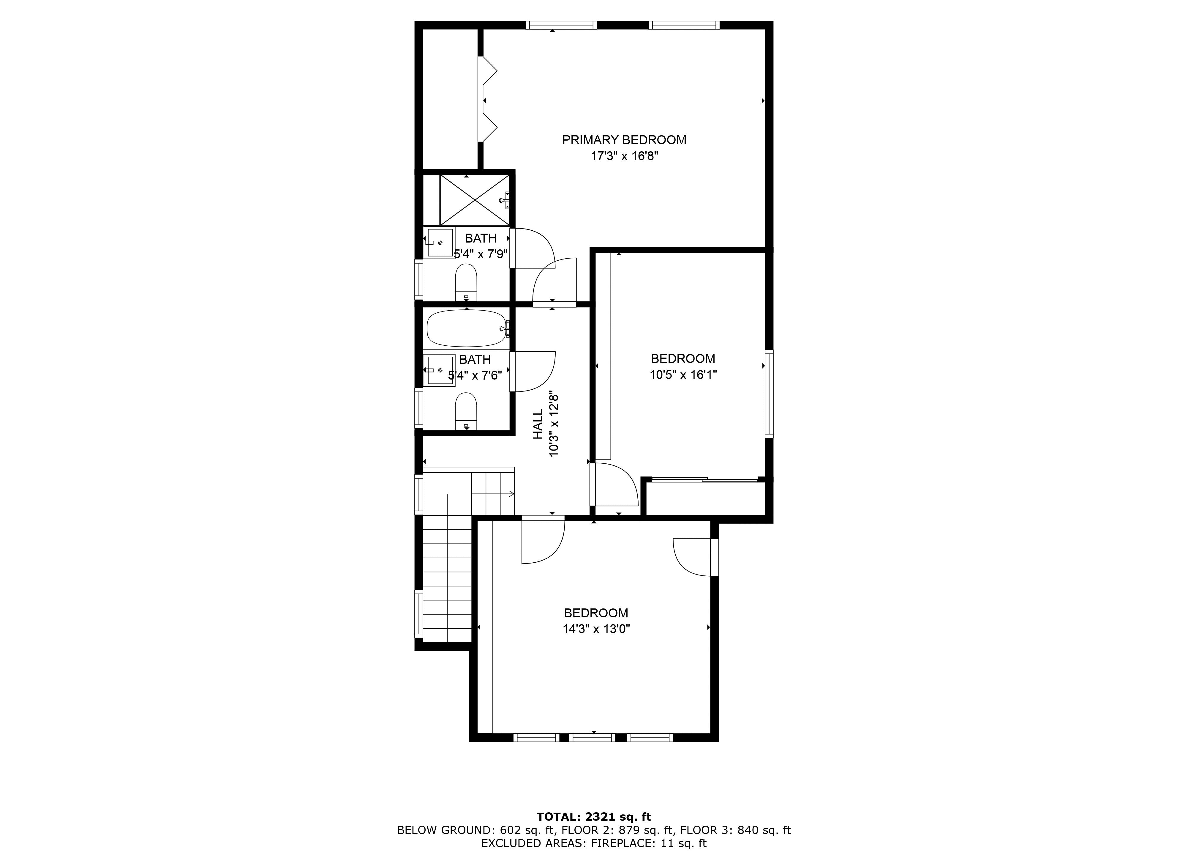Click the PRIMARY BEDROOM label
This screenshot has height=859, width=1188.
click(624, 140)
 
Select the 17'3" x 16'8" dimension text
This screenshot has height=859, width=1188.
click(624, 156)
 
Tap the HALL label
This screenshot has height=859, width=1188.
click(538, 424)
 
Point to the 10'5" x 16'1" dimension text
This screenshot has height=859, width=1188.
click(683, 375)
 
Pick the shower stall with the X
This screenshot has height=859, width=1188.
click(475, 200)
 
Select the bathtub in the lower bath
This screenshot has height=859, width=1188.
click(466, 328)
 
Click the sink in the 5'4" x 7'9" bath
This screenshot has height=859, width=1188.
click(440, 243)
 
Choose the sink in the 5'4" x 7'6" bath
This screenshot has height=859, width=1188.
click(440, 370)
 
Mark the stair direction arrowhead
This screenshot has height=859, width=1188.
click(511, 494)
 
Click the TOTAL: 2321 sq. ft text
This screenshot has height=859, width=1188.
click(594, 816)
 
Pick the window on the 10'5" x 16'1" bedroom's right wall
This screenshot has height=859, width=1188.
click(769, 394)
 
